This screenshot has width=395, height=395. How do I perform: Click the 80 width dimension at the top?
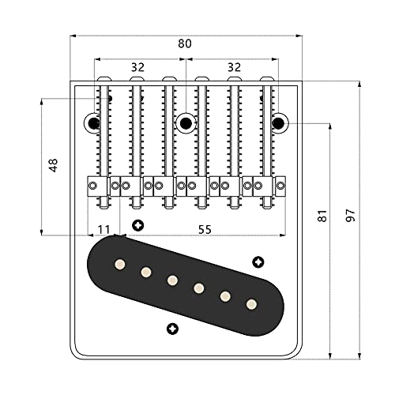pyautogui.click(x=184, y=44)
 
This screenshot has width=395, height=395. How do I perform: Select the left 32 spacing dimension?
pyautogui.click(x=137, y=68)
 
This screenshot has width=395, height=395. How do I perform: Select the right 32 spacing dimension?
pyautogui.click(x=234, y=68)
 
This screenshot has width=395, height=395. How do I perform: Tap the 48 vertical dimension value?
pyautogui.click(x=54, y=165)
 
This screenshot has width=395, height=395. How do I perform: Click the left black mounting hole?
pyautogui.click(x=93, y=122)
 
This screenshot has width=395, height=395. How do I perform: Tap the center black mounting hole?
pyautogui.click(x=186, y=122)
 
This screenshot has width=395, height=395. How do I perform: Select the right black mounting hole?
pyautogui.click(x=278, y=122)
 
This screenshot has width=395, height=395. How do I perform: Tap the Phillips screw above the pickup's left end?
pyautogui.click(x=138, y=224)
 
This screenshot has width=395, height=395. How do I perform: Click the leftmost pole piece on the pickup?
pyautogui.click(x=120, y=263)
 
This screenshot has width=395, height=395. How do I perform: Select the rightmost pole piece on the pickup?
pyautogui.click(x=251, y=303)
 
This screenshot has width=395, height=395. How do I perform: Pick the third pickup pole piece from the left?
pyautogui.click(x=172, y=280)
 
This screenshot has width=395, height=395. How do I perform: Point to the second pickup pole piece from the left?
pyautogui.click(x=146, y=272)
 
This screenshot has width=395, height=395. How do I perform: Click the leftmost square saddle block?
pyautogui.click(x=93, y=186)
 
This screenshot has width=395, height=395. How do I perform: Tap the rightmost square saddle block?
pyautogui.click(x=280, y=186)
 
